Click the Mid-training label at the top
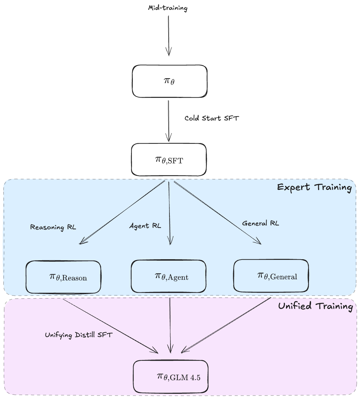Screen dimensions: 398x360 (x=168, y=8)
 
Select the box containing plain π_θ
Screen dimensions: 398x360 (x=169, y=81)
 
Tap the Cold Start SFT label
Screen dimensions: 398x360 (x=212, y=118)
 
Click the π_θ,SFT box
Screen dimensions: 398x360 (x=169, y=160)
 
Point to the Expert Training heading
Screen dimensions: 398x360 (x=314, y=187)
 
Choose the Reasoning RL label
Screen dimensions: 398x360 (x=53, y=227)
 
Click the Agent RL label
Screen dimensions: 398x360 (x=145, y=226)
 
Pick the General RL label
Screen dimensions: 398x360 (x=261, y=223)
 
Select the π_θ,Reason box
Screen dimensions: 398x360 (x=63, y=277)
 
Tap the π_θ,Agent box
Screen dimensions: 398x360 (x=168, y=276)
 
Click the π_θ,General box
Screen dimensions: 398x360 (x=271, y=276)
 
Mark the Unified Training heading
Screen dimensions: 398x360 (x=315, y=306)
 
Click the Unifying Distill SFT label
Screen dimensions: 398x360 (x=79, y=335)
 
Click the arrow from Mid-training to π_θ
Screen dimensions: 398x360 (x=169, y=35)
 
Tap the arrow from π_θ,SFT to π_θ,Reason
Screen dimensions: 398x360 (x=123, y=212)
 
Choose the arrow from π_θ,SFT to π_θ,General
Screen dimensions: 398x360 (x=217, y=212)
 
